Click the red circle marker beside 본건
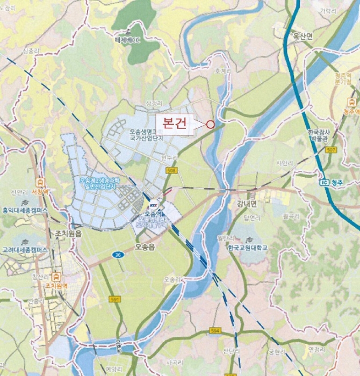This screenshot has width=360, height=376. (210, 124)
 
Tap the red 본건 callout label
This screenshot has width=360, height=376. (173, 124)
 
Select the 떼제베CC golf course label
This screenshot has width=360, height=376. (126, 40)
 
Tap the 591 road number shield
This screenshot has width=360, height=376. (113, 299)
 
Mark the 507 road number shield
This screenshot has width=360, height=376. (331, 149)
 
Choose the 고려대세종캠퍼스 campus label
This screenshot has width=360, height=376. (24, 250)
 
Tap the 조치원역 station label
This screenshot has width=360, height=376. (56, 286)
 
